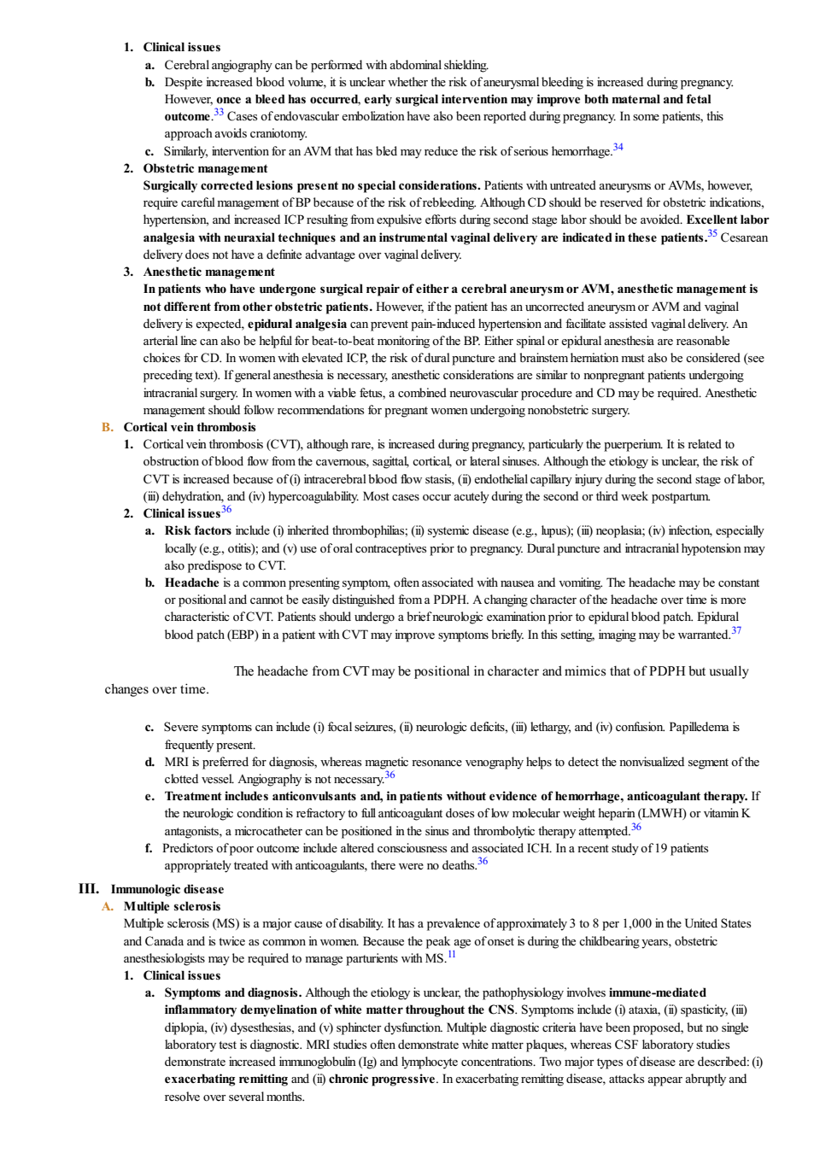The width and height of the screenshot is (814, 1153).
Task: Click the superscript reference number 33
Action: click(x=219, y=112)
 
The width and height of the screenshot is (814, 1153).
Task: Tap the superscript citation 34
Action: click(x=618, y=147)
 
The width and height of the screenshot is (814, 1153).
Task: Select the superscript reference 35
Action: click(x=712, y=233)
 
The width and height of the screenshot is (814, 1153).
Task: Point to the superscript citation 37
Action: click(x=736, y=630)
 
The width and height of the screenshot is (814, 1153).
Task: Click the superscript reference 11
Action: click(x=452, y=954)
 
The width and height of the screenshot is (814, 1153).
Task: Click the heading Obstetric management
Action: click(x=205, y=168)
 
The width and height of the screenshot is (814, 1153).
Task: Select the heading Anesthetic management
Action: click(x=208, y=272)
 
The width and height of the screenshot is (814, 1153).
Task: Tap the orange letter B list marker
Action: click(x=108, y=427)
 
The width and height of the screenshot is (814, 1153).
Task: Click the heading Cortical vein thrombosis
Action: click(x=190, y=427)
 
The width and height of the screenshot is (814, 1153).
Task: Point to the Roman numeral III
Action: click(x=89, y=889)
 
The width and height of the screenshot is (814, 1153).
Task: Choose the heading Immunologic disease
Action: click(x=167, y=889)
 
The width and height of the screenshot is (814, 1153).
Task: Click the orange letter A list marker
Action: click(x=108, y=906)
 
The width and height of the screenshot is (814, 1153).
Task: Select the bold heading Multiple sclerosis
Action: click(x=172, y=906)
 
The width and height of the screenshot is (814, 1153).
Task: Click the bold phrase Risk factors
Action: click(x=197, y=530)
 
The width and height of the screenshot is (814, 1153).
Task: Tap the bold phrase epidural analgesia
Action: click(x=297, y=325)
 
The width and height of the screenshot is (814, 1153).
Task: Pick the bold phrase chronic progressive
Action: click(x=382, y=1079)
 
